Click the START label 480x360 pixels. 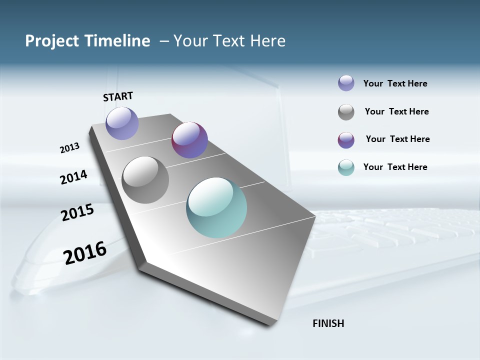tap(118, 96)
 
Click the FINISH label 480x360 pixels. tap(328, 323)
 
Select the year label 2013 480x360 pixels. tap(69, 148)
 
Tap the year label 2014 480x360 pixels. tap(73, 177)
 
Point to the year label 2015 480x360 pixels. tap(77, 212)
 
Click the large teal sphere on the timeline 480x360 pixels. tap(216, 207)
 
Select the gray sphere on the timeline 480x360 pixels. tap(145, 180)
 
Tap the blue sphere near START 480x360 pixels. tap(122, 123)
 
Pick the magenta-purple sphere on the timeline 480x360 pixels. tap(189, 140)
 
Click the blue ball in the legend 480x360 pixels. tap(346, 83)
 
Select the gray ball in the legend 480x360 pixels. tap(346, 112)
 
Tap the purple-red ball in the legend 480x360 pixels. tap(346, 140)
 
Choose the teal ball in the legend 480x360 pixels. tap(346, 167)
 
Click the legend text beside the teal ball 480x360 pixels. tap(395, 167)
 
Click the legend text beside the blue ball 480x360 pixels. tap(395, 83)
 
